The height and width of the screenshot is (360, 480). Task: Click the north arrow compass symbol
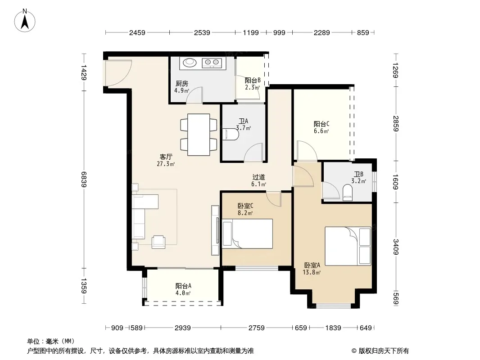click(x=25, y=21)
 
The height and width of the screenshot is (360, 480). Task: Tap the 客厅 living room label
click(x=166, y=157)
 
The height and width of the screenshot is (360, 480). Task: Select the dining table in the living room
click(x=199, y=135)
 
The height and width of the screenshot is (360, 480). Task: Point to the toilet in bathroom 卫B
click(x=348, y=193)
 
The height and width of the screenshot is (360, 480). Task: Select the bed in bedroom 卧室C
click(x=247, y=234)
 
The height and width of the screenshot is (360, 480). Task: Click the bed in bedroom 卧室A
click(x=348, y=246)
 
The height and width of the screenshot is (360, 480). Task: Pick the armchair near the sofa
click(x=158, y=242)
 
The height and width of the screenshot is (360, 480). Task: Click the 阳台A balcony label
click(x=183, y=286)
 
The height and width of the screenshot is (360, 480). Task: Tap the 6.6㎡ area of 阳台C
click(x=322, y=131)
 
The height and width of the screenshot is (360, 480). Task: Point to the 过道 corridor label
click(x=258, y=177)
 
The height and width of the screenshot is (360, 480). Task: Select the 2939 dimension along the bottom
click(x=183, y=328)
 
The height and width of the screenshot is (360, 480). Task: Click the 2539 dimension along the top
click(x=202, y=32)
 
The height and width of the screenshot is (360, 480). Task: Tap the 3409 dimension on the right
click(x=395, y=247)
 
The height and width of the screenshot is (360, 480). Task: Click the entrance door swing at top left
click(x=118, y=73)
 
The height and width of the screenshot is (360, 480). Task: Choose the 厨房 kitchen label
click(x=182, y=84)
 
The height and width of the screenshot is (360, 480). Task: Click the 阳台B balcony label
click(x=253, y=81)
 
